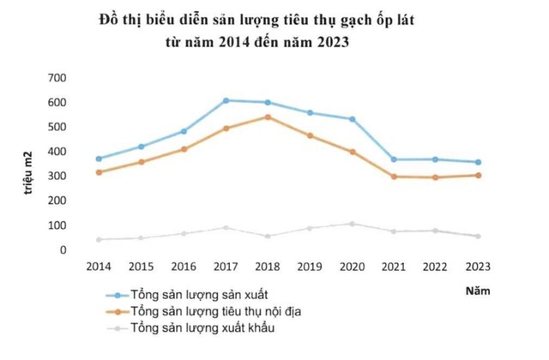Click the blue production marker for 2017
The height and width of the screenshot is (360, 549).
tap(226, 100)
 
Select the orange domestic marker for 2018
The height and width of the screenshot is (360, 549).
tap(268, 117)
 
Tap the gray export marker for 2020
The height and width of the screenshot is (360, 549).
tap(352, 224)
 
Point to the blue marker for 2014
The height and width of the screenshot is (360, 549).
tap(99, 159)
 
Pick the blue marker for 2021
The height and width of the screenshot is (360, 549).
tap(394, 159)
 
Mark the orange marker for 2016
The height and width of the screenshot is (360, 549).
tap(184, 149)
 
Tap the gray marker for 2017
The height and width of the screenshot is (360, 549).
tap(226, 228)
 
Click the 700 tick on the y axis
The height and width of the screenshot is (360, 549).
tap(56, 78)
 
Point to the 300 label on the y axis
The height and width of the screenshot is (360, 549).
tap(56, 177)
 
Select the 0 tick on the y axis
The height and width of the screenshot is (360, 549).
tap(63, 250)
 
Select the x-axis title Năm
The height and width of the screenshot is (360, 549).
tap(478, 291)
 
